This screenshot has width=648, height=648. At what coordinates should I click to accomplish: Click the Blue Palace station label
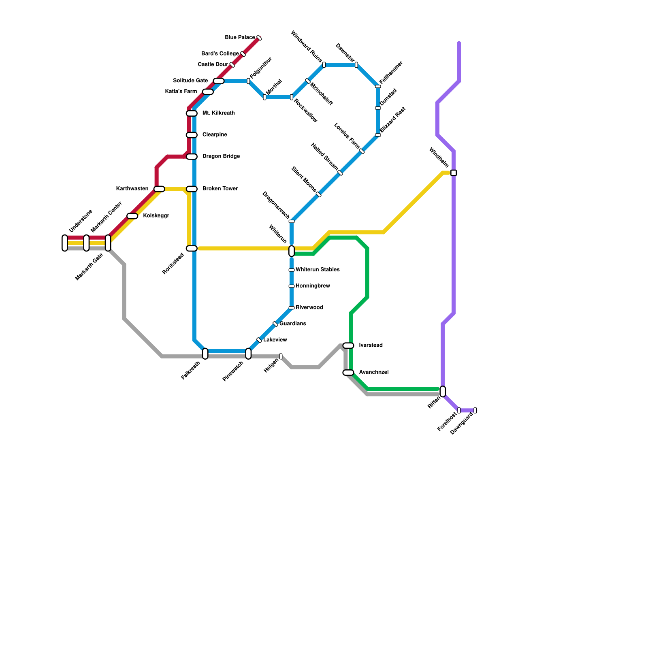[240, 38]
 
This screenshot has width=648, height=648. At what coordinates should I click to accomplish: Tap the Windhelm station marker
[454, 173]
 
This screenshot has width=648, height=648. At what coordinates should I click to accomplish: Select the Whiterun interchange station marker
[292, 251]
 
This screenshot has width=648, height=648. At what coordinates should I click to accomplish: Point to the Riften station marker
[443, 391]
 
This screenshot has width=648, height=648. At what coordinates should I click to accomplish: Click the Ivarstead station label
[371, 345]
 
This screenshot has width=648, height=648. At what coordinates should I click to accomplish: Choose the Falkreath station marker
[205, 354]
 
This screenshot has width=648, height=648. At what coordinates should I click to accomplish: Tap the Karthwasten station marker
[159, 189]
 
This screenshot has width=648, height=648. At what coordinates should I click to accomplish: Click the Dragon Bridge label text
[221, 156]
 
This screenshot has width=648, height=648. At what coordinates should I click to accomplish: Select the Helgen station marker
[281, 356]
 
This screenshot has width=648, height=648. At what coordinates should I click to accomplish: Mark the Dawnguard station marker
[475, 410]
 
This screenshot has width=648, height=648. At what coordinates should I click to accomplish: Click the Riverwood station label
[309, 307]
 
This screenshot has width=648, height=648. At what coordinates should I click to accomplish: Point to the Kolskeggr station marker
[132, 216]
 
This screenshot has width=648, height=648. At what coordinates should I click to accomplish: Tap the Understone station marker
[65, 243]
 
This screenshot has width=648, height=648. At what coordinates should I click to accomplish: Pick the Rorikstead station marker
[192, 248]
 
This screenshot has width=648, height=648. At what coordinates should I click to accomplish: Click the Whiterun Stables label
[318, 270]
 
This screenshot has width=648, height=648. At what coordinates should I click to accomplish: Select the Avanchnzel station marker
[348, 373]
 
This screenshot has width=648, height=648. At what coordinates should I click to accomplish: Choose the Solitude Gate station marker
[219, 81]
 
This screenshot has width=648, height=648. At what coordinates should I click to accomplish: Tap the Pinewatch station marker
[248, 354]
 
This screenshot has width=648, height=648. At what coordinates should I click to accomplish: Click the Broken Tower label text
[220, 189]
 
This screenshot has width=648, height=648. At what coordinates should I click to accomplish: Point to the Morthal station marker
[264, 97]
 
